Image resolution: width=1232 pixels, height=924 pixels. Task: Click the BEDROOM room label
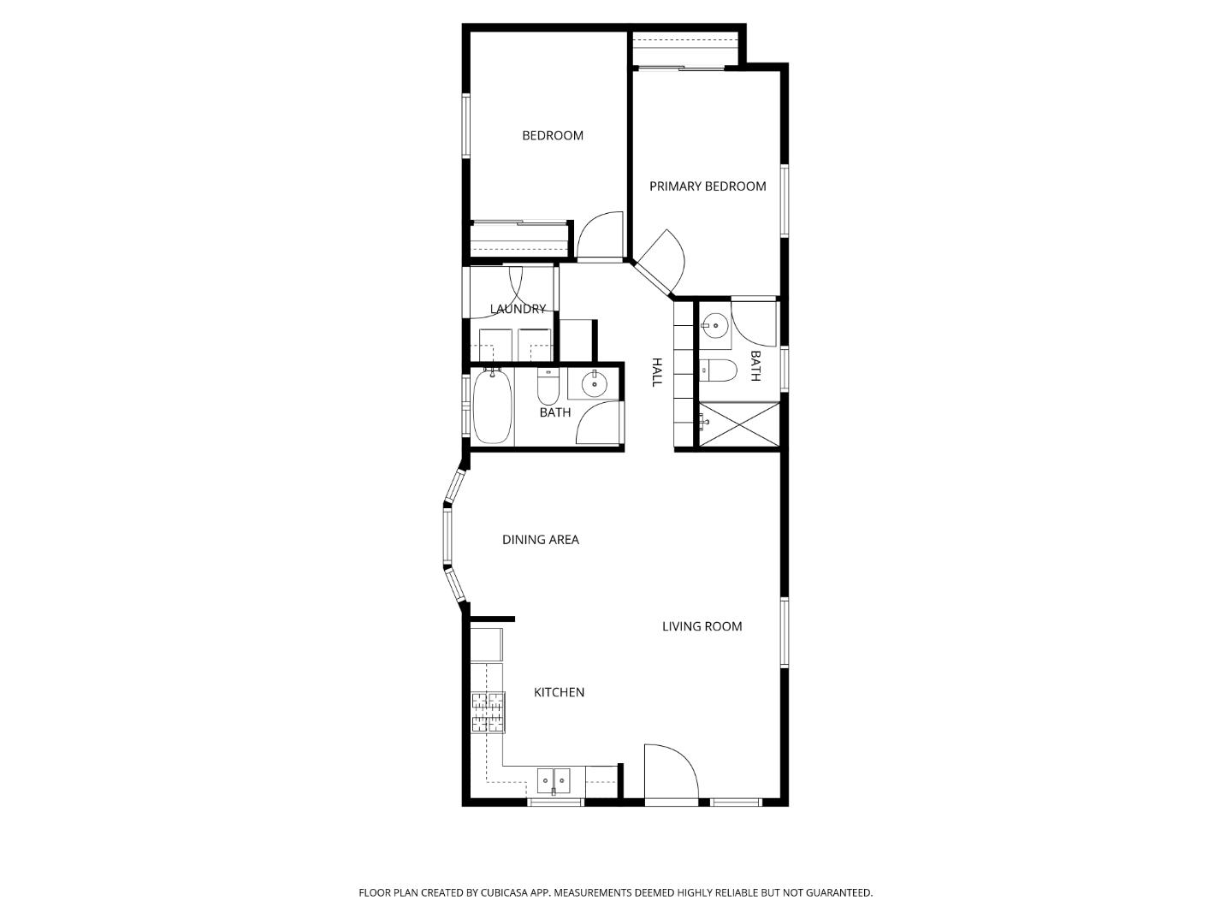click(x=553, y=135)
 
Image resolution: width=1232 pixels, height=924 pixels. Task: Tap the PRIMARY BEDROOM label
click(x=708, y=187)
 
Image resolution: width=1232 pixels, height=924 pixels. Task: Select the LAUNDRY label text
click(x=518, y=309)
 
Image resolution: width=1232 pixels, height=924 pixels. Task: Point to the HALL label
click(x=657, y=372)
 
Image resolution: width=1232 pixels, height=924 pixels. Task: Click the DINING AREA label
click(x=540, y=540)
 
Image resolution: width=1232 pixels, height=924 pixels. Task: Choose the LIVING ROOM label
click(x=702, y=626)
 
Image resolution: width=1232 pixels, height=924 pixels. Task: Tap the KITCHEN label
click(x=559, y=692)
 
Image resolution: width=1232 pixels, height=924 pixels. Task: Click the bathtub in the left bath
click(x=492, y=406)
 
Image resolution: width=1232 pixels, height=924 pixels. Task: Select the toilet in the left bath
click(x=548, y=388)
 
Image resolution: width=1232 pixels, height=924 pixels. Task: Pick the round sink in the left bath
click(x=593, y=385)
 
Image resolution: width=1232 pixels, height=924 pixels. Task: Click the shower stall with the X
click(x=739, y=423)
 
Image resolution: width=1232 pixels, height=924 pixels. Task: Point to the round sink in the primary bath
click(x=714, y=325)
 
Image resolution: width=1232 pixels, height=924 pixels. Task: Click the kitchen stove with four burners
click(x=488, y=712)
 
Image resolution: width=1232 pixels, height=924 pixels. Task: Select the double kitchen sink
click(x=554, y=780)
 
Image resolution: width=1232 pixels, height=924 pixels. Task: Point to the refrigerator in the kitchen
click(x=487, y=644)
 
